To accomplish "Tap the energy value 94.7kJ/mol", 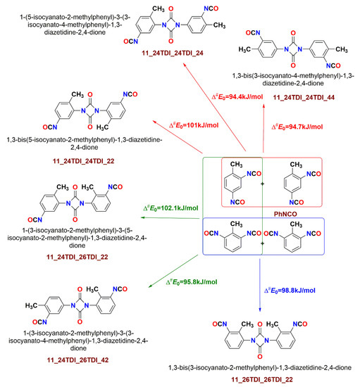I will (x=297, y=127).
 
